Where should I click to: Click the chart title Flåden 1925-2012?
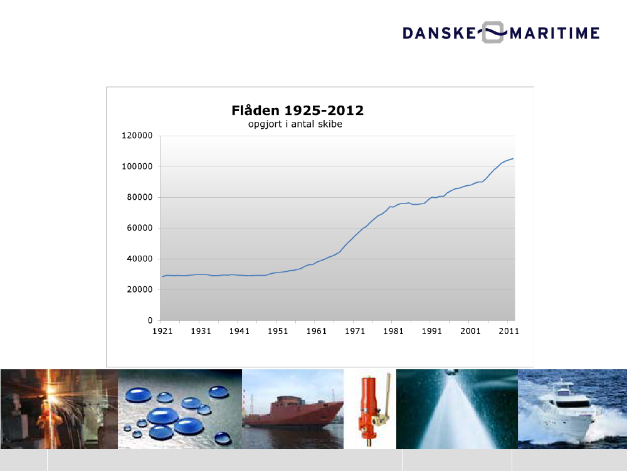pyautogui.click(x=297, y=110)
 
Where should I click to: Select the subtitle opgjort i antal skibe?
pyautogui.click(x=295, y=124)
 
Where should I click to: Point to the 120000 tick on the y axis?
pyautogui.click(x=137, y=136)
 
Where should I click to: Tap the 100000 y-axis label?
pyautogui.click(x=137, y=166)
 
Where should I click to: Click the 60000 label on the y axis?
pyautogui.click(x=140, y=229)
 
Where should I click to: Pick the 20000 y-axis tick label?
pyautogui.click(x=140, y=290)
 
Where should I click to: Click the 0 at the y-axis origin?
pyautogui.click(x=150, y=320)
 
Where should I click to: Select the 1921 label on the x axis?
pyautogui.click(x=162, y=331)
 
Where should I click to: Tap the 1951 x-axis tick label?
pyautogui.click(x=278, y=331)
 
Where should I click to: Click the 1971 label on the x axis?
pyautogui.click(x=355, y=331)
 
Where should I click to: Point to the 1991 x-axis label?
pyautogui.click(x=432, y=331)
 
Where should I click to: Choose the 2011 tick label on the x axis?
pyautogui.click(x=508, y=331)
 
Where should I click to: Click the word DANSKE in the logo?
pyautogui.click(x=439, y=33)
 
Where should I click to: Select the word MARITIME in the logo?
pyautogui.click(x=555, y=33)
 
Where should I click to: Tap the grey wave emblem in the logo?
pyautogui.click(x=493, y=33)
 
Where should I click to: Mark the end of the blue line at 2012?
pyautogui.click(x=513, y=159)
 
